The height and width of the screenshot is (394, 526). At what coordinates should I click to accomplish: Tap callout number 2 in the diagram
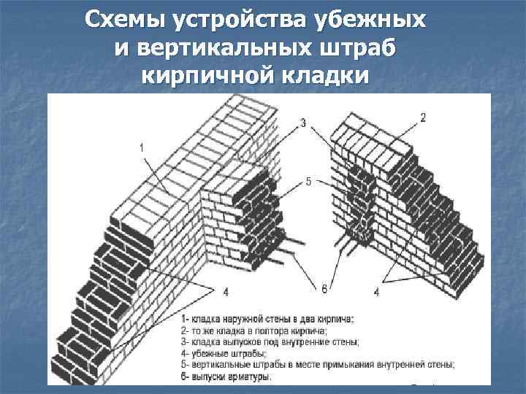click(423, 117)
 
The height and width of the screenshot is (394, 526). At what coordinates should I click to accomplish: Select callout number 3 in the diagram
click(302, 123)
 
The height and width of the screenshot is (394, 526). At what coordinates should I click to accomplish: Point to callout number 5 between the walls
click(309, 182)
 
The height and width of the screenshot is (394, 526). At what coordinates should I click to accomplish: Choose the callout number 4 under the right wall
click(376, 292)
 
